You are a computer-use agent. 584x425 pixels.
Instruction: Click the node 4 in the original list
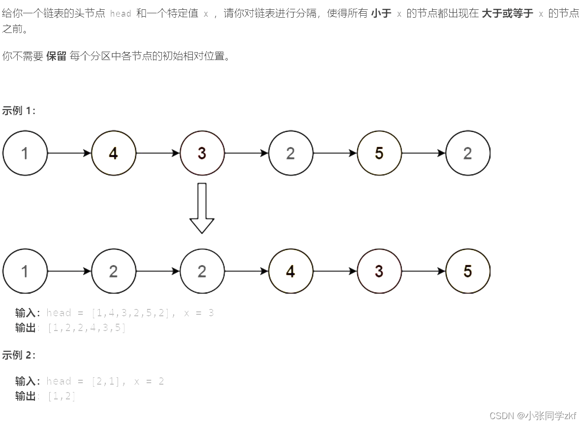tap(113, 153)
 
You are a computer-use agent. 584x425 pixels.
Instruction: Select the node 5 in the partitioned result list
tap(467, 271)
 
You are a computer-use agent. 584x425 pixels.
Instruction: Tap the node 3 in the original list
tap(202, 153)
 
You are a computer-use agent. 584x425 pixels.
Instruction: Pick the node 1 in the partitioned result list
tap(25, 271)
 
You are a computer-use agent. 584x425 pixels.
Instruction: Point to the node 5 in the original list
tap(379, 153)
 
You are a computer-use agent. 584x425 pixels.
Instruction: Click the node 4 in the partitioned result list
tap(290, 271)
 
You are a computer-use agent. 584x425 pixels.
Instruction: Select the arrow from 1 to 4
tap(69, 153)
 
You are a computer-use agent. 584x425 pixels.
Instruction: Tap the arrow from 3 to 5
tap(423, 271)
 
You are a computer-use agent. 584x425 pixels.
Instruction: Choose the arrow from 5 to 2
tap(423, 153)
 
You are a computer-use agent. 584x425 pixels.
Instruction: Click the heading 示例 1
tap(19, 111)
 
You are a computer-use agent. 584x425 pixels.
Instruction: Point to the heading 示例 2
tap(19, 355)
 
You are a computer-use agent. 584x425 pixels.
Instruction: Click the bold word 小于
tap(381, 13)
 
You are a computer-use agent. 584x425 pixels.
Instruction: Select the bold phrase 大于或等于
tap(507, 13)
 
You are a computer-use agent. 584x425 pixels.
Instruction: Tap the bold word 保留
tap(56, 56)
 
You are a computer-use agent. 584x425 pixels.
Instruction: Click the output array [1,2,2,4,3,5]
tap(87, 328)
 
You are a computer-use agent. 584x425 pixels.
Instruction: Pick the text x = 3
tap(199, 313)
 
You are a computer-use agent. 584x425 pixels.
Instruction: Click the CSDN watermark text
tap(533, 416)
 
